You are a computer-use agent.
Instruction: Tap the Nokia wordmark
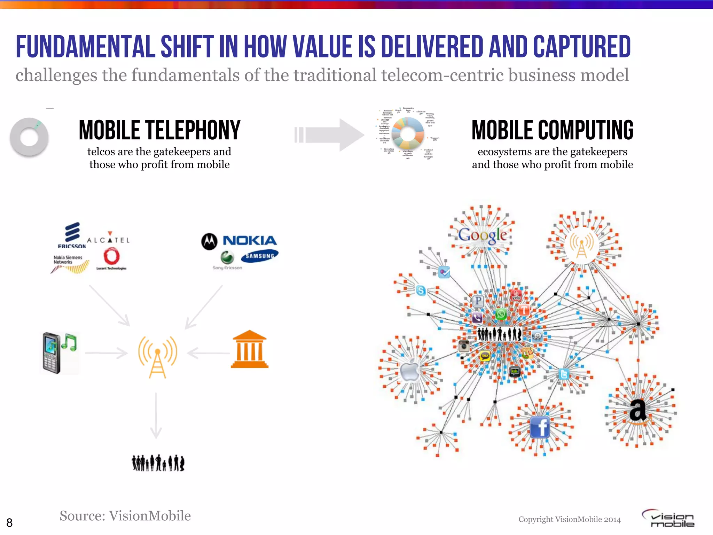(250, 240)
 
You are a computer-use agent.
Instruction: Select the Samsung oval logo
(259, 256)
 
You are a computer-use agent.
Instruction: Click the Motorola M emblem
(209, 241)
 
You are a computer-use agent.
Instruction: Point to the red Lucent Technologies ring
(111, 257)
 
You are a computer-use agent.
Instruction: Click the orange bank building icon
(250, 349)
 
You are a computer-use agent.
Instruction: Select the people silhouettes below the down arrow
(158, 463)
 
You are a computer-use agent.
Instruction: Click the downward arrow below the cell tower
(156, 416)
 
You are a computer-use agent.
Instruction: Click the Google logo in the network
(483, 235)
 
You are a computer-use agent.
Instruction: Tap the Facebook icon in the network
(540, 427)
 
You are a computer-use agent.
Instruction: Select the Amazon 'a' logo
(638, 411)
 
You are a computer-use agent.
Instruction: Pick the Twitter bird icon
(564, 374)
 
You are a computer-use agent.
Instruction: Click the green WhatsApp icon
(501, 314)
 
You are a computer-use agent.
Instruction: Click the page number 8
(9, 522)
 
